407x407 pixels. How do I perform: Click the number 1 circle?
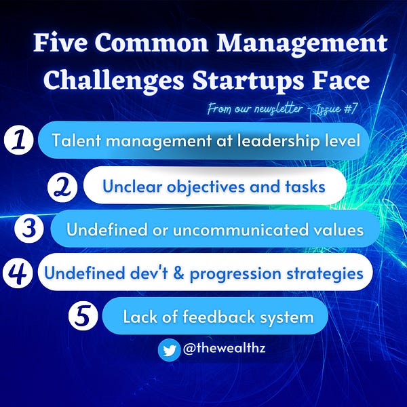[19, 140]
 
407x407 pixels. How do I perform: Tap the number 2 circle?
[64, 185]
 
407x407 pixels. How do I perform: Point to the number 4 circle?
[18, 273]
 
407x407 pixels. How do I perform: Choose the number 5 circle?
[84, 315]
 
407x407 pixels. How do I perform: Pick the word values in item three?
[341, 229]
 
